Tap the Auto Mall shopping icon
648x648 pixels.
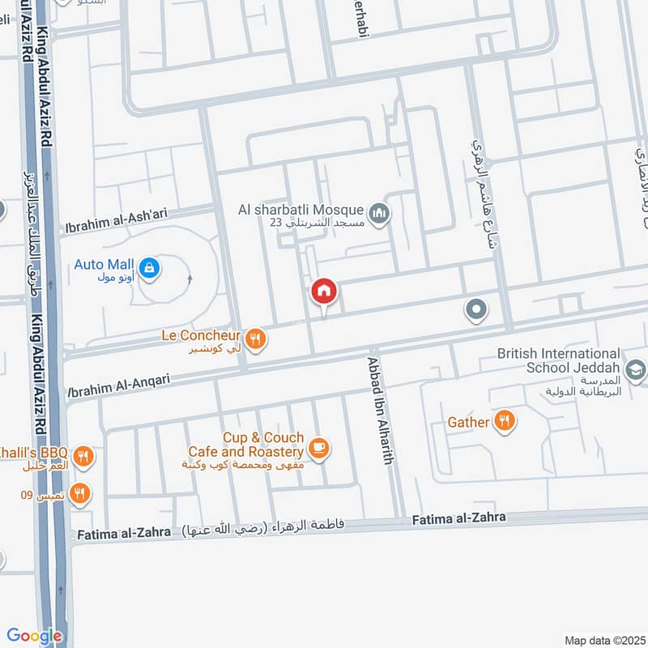click(x=149, y=266)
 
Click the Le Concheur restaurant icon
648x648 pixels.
click(x=256, y=339)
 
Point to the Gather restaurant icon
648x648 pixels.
click(x=505, y=421)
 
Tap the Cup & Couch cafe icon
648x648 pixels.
click(x=319, y=449)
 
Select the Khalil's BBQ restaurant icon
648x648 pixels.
click(x=83, y=458)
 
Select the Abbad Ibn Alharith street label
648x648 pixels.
click(x=381, y=411)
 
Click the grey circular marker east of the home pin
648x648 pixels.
click(x=476, y=309)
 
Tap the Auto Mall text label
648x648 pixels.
click(x=104, y=264)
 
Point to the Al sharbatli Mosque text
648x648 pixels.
click(x=301, y=211)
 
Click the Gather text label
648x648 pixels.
click(x=468, y=422)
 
